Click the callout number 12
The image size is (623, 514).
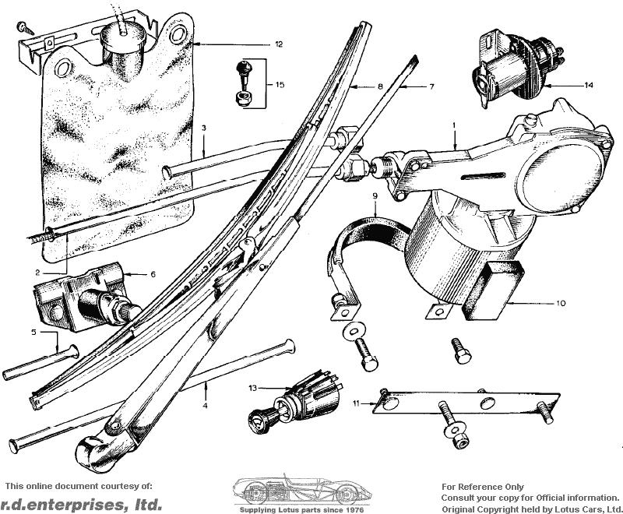pos(279,44)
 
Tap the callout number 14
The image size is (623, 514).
pos(589,85)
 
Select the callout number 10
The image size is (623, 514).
pos(560,304)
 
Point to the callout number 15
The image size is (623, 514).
pos(280,85)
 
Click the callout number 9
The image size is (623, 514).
pos(375,195)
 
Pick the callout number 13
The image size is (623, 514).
pos(253,388)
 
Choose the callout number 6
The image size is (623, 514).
pos(153,274)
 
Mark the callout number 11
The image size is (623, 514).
pos(357,403)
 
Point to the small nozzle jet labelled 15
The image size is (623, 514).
pos(243,83)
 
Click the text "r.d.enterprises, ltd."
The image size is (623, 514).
pos(81,504)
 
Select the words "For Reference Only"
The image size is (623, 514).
pos(482,487)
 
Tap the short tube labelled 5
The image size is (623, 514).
pos(40,363)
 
